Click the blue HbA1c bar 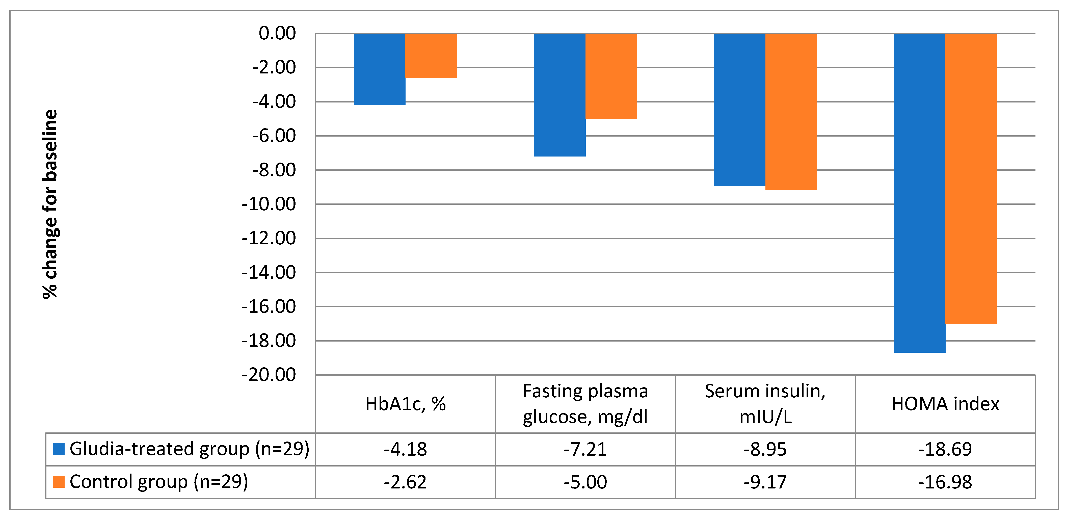point(380,69)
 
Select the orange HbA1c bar point(431,56)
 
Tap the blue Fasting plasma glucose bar point(559,95)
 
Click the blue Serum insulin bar point(739,110)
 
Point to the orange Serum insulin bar point(791,112)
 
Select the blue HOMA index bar point(920,193)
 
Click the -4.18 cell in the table point(405,449)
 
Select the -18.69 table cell point(945,449)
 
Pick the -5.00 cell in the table point(585,482)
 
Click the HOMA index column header point(945,404)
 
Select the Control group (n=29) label point(158,482)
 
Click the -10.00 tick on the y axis point(269,204)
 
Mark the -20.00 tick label point(269,375)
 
